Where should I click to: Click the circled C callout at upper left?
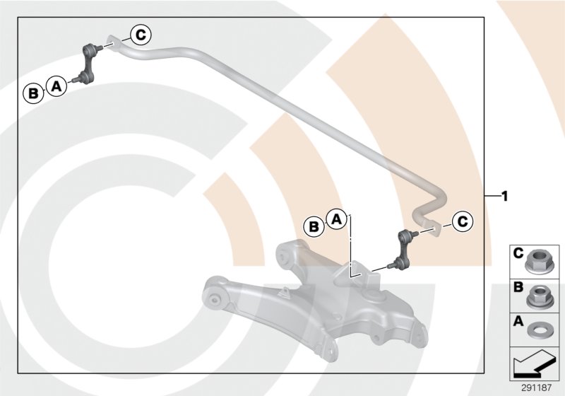coord(140,33)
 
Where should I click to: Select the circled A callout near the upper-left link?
coord(56,86)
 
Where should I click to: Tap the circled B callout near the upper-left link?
coord(32,93)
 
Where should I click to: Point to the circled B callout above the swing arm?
coord(313,226)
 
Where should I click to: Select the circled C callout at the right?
coord(461,221)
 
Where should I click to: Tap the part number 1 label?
coord(504,196)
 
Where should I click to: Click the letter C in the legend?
coord(518,252)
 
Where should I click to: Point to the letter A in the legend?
coord(518,320)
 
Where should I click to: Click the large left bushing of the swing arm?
coord(216,297)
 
